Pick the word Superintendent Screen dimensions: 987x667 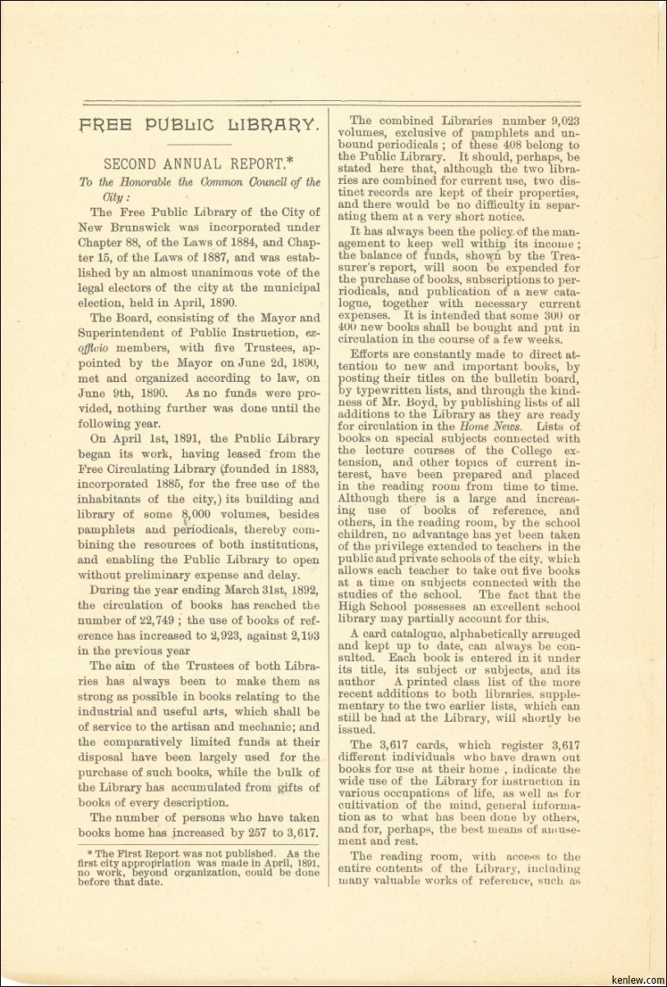click(x=126, y=333)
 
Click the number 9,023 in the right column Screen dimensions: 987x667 click(x=562, y=120)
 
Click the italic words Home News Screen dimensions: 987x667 click(x=510, y=426)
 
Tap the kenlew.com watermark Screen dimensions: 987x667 click(x=638, y=975)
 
